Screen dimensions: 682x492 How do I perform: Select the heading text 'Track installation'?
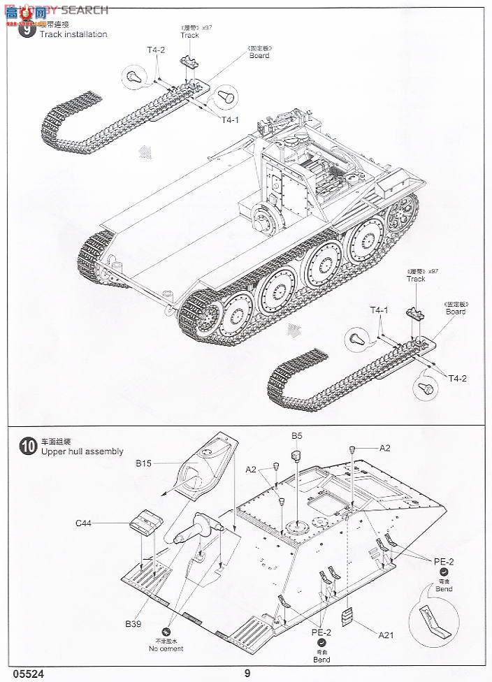73,34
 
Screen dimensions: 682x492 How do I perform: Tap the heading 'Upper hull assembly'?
82,451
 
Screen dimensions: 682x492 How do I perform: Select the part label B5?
297,436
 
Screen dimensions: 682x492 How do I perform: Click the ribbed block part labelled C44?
145,523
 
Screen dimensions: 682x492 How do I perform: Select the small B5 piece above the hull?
296,455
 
